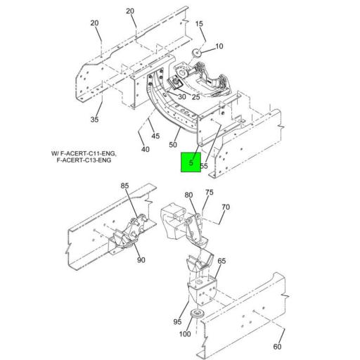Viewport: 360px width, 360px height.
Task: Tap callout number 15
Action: [199, 25]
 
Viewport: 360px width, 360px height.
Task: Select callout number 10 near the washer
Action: [219, 46]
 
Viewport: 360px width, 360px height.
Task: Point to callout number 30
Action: [181, 97]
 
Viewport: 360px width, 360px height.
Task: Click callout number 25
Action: [195, 97]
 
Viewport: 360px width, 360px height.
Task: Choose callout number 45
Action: [155, 136]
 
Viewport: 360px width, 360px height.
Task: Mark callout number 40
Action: [146, 149]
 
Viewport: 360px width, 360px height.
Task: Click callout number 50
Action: [174, 145]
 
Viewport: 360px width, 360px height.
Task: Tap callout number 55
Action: [204, 167]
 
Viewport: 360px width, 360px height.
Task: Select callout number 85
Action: [124, 187]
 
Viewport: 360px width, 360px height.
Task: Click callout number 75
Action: [209, 192]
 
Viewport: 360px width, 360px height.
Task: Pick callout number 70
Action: [226, 207]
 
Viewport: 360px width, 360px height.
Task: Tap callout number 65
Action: [221, 262]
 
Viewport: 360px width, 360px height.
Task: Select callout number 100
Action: [184, 334]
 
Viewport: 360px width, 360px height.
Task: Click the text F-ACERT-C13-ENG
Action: [84, 160]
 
